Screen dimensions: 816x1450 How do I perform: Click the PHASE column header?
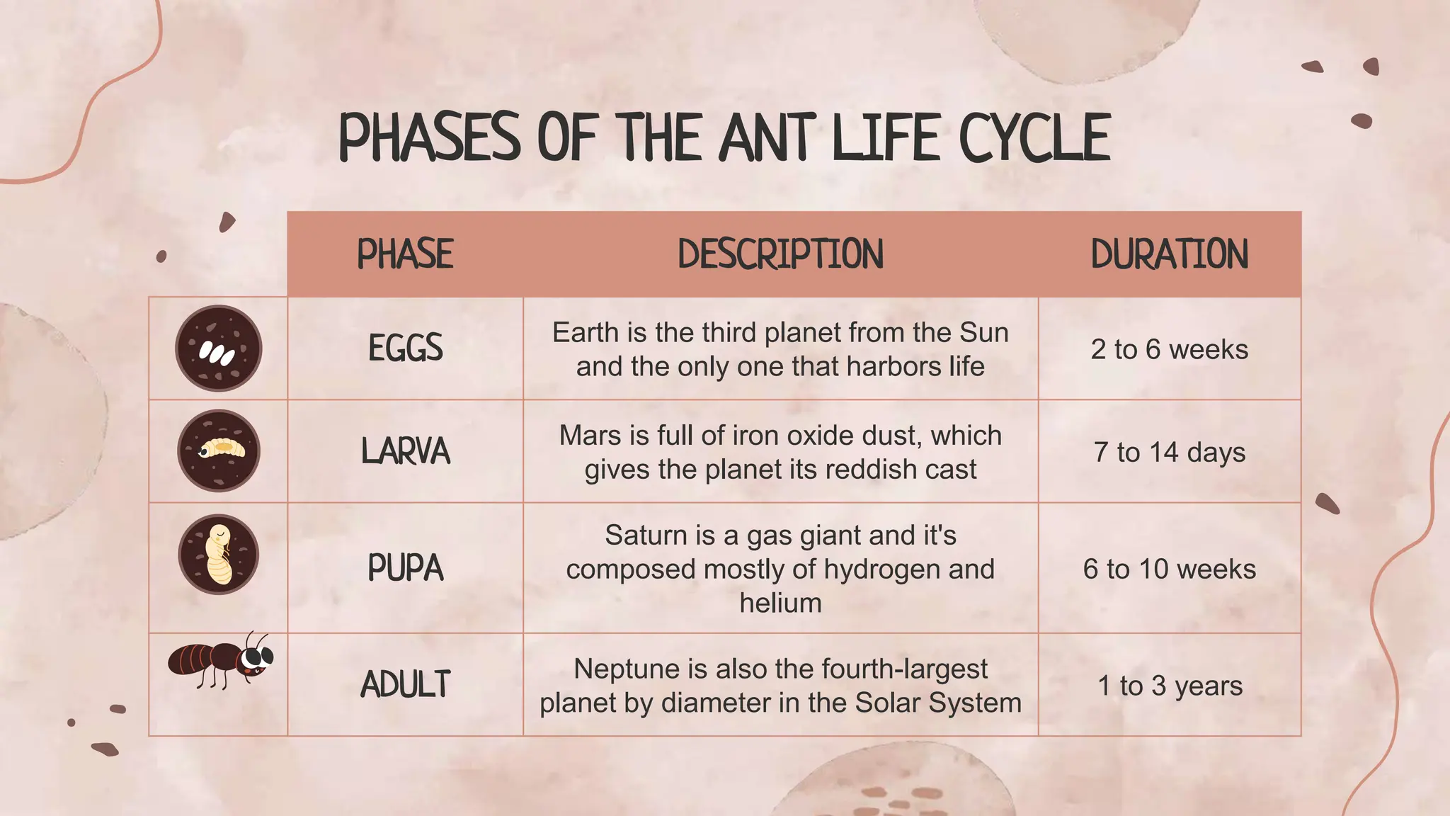click(x=405, y=254)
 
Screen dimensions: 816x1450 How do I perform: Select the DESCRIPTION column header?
click(x=780, y=254)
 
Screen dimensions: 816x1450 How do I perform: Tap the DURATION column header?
click(x=1169, y=254)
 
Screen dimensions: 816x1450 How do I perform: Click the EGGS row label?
click(x=405, y=348)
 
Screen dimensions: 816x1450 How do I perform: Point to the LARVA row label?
click(x=405, y=451)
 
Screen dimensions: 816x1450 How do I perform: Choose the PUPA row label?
click(x=405, y=568)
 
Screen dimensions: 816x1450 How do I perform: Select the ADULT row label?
click(x=405, y=685)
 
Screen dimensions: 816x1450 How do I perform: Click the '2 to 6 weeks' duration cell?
click(x=1169, y=349)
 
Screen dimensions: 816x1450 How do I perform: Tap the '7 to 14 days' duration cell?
click(x=1169, y=452)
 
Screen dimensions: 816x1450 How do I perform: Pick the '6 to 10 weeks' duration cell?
click(x=1169, y=569)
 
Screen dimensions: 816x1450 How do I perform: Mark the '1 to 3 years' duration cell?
click(x=1170, y=686)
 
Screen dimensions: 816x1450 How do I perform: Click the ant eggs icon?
click(x=219, y=348)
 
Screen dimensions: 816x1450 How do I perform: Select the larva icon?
click(x=219, y=450)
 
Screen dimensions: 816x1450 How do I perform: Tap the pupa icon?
click(x=219, y=554)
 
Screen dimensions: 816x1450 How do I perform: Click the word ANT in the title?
click(x=767, y=137)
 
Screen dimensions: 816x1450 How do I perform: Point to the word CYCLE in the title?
click(x=1034, y=137)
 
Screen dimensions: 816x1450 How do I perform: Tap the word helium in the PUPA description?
click(x=780, y=603)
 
